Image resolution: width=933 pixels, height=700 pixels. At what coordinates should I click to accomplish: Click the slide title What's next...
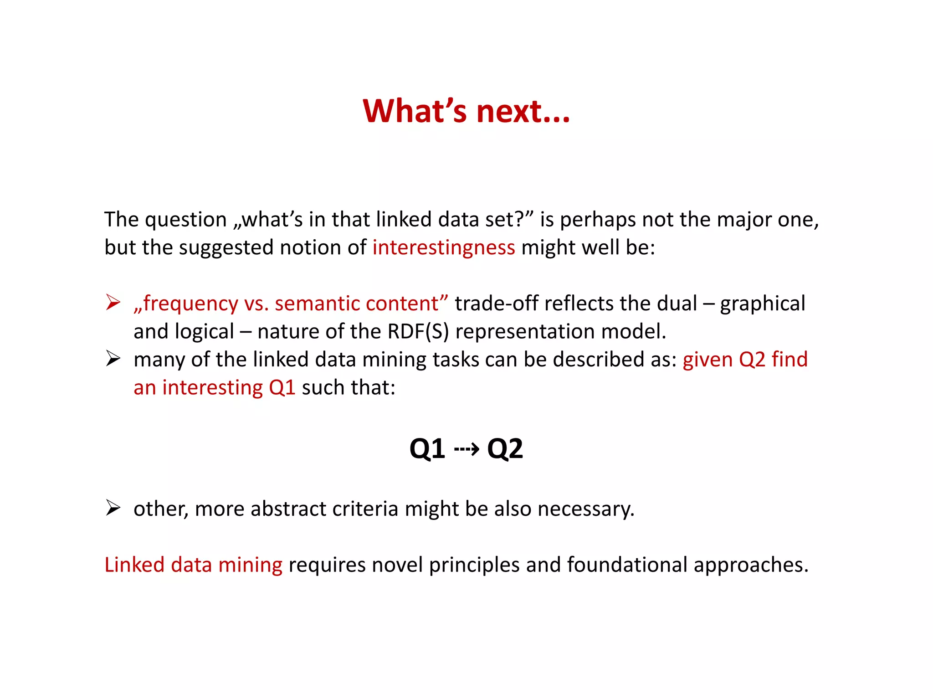(466, 111)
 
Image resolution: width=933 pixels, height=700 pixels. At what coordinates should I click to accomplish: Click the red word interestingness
(443, 248)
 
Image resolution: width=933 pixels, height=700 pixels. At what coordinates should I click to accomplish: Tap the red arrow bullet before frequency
(113, 303)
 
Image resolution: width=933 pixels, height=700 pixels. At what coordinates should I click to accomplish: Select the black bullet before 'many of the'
(113, 359)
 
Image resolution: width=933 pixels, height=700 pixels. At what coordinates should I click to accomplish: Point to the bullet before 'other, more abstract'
(113, 508)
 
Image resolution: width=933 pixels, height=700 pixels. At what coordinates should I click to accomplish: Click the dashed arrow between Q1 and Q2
(466, 449)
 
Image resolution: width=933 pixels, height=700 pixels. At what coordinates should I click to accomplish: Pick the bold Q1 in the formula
(427, 449)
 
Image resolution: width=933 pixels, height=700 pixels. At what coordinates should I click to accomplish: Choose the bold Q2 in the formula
(505, 449)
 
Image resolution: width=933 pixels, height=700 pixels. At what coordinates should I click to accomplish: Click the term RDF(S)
(418, 331)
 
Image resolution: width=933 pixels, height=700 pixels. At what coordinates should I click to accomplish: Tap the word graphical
(763, 304)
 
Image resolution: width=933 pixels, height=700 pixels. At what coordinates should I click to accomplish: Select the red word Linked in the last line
(134, 565)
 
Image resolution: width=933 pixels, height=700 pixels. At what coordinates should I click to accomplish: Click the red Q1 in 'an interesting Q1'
(282, 388)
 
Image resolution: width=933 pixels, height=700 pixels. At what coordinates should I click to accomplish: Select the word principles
(474, 566)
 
